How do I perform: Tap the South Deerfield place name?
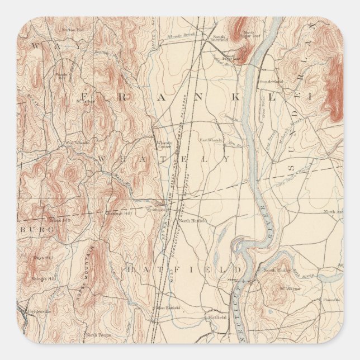coord(218,40)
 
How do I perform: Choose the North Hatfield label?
coord(192,221)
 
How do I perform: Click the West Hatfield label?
coord(166,308)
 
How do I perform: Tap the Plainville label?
coord(331,300)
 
